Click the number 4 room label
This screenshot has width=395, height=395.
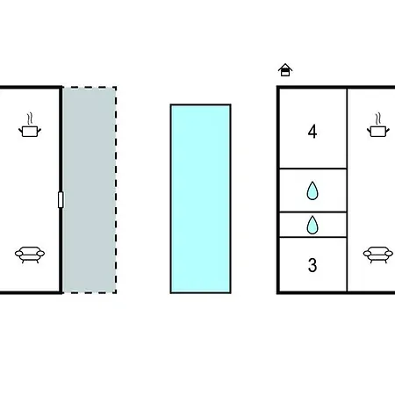[312, 132]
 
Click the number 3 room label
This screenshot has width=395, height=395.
[312, 265]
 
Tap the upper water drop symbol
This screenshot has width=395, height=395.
[312, 190]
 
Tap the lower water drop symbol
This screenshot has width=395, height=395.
[312, 225]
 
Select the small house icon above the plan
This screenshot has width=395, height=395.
[285, 70]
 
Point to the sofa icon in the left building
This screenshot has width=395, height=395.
[30, 255]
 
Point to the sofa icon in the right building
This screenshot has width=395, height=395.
[378, 255]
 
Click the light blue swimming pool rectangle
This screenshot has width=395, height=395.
[201, 198]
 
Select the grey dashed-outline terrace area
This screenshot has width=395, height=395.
[90, 190]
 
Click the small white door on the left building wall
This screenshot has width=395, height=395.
[61, 200]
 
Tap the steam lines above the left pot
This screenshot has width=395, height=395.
[29, 118]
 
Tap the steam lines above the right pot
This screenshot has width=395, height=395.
[377, 118]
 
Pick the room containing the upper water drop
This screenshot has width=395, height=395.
[312, 190]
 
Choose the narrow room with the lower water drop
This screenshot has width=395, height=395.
[312, 225]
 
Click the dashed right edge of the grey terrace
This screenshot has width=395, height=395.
[116, 190]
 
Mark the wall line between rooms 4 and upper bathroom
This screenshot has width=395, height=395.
[312, 169]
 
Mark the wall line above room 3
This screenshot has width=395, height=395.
[312, 237]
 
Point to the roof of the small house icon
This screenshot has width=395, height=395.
[285, 66]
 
